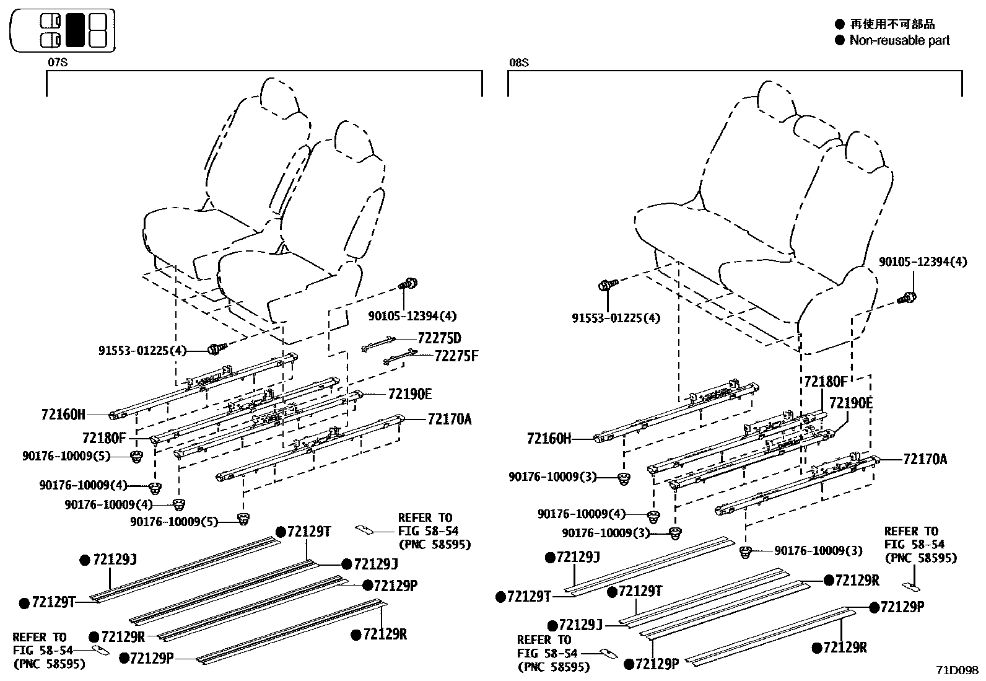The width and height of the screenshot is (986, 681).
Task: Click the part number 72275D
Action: tap(439, 338)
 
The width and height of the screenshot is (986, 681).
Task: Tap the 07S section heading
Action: tap(57, 63)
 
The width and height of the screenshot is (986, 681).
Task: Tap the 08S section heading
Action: tap(518, 63)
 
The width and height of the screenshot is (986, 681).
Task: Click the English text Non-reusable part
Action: tap(899, 40)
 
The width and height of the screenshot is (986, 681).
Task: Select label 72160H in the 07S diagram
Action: tap(63, 415)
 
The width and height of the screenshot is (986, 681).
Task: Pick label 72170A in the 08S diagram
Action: tap(925, 459)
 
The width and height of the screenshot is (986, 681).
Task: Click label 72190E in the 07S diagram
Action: tap(410, 393)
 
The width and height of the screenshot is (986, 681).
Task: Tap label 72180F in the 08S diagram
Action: tap(825, 381)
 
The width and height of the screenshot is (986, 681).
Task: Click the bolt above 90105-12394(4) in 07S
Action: tap(409, 286)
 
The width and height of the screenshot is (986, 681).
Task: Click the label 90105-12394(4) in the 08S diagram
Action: tap(922, 262)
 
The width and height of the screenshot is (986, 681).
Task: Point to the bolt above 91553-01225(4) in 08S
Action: tap(606, 286)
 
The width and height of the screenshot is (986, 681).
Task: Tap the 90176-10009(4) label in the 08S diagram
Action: tap(582, 514)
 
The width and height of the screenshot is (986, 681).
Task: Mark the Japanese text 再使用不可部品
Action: tap(892, 24)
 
